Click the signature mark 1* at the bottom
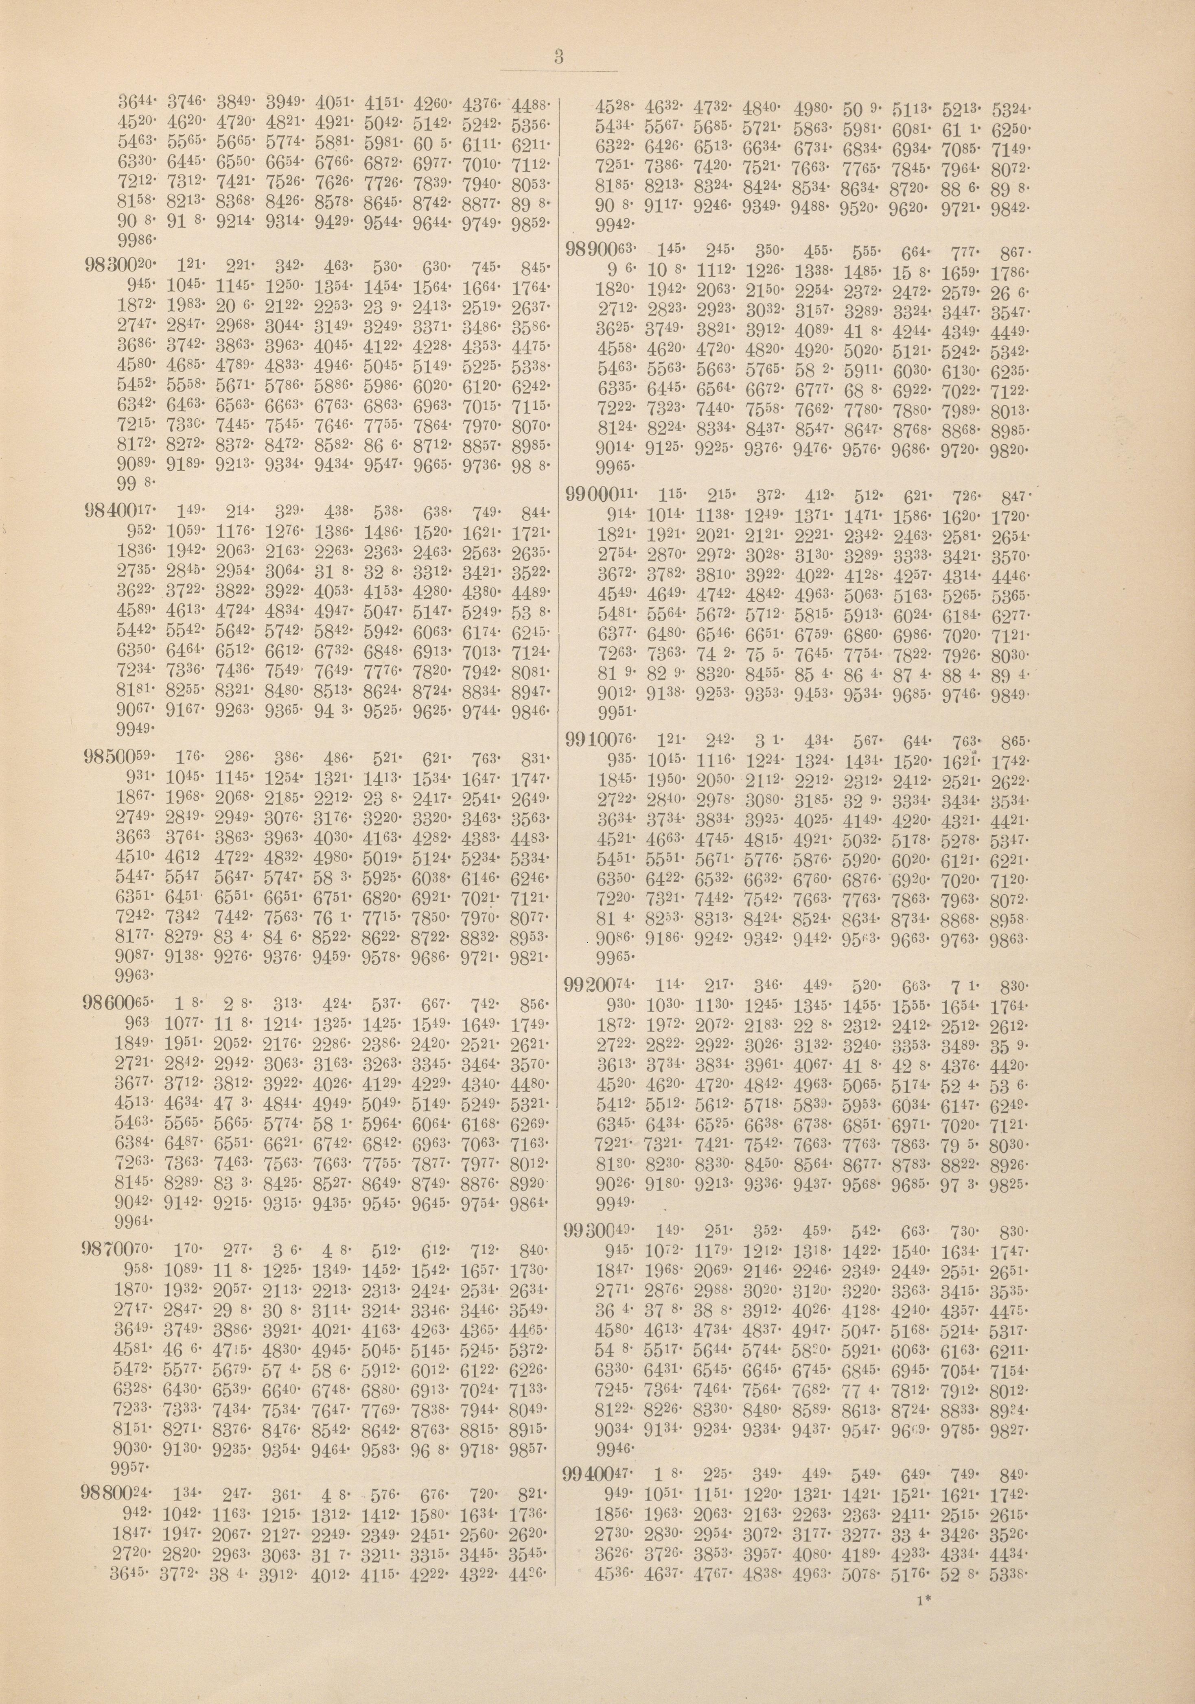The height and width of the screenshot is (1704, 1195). tap(924, 1555)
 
